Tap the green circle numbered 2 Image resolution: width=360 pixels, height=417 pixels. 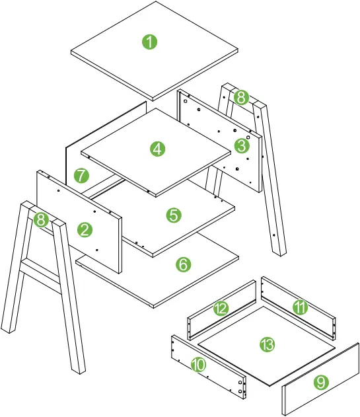pos(85,229)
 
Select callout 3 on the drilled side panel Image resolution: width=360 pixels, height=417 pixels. pos(241,145)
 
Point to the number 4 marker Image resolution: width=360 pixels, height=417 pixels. pos(157,149)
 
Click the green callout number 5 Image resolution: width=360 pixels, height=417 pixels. pos(173,215)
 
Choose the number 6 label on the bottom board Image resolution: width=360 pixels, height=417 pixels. pos(183,264)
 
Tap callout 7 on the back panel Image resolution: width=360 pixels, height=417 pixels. pos(81,176)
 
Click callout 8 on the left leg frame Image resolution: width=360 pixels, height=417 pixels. pos(42,220)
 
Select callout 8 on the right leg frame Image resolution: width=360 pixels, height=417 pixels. pos(240,98)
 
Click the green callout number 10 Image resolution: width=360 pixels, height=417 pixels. pos(198,365)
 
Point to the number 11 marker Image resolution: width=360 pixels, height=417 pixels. pos(301,306)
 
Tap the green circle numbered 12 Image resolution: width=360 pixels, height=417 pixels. pos(220,309)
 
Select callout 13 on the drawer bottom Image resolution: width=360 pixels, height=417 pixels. pos(267,344)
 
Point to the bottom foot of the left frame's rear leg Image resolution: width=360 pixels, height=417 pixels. pos(9,326)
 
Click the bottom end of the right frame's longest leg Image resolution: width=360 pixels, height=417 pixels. pos(280,250)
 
